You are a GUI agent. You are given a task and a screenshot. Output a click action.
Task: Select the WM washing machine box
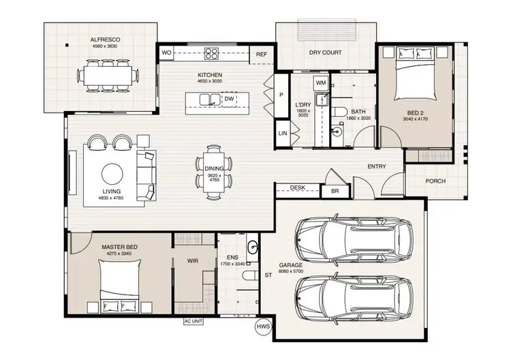(321, 82)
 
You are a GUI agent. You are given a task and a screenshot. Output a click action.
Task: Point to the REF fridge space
(261, 54)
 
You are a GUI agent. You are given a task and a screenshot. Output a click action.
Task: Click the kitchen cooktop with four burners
(210, 53)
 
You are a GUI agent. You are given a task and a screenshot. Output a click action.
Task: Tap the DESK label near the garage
(297, 187)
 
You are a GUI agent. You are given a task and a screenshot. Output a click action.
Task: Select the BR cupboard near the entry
(335, 192)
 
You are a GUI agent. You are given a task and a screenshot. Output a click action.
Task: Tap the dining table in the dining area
(214, 171)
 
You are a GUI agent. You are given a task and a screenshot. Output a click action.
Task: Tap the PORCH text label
(436, 181)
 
